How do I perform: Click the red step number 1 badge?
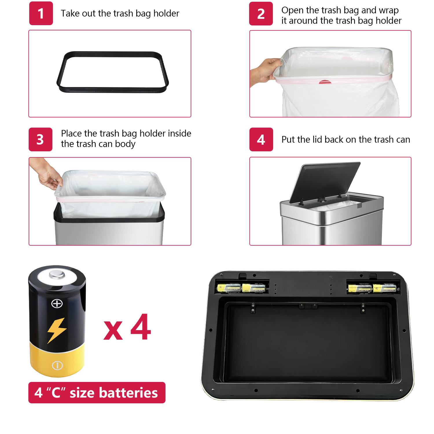click(41, 13)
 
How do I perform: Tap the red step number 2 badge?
click(261, 14)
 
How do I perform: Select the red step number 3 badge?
click(40, 139)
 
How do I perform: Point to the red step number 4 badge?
click(261, 139)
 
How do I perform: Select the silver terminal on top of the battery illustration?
click(57, 274)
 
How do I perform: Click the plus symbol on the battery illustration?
click(57, 304)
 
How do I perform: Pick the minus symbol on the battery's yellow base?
click(57, 365)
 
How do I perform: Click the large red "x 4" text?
click(127, 328)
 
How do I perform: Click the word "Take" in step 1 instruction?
click(70, 14)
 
